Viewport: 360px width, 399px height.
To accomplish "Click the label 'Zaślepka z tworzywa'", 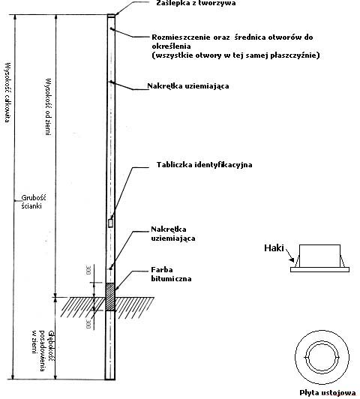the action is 196,3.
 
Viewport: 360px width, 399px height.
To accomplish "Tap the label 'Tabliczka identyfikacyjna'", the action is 204,165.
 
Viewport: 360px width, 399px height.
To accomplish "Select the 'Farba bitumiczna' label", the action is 171,274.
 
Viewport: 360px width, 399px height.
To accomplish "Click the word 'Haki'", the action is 274,247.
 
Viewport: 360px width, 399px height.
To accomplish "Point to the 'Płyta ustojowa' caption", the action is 328,393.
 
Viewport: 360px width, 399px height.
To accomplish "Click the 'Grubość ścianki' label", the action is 34,202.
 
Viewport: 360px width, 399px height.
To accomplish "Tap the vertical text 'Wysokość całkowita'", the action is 8,92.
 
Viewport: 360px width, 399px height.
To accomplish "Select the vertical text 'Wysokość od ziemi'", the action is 48,106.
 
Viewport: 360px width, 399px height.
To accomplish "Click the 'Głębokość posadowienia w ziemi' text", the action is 43,351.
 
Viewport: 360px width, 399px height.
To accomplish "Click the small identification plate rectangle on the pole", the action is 111,223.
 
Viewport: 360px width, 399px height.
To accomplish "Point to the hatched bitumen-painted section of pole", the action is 110,297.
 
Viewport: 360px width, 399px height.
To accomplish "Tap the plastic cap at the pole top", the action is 111,16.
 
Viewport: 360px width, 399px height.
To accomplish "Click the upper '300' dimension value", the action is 88,270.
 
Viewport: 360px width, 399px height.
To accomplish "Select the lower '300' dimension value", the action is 88,324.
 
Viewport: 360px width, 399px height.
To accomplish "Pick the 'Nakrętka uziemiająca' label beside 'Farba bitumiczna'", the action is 173,233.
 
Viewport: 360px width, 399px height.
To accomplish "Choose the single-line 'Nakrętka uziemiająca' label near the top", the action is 188,86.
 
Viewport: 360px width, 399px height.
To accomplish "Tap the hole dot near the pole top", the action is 111,28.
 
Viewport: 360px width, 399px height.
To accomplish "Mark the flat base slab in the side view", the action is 319,269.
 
